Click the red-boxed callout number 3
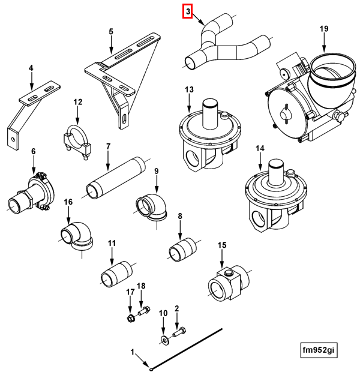click(187, 11)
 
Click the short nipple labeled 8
click(182, 248)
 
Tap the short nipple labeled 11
click(113, 274)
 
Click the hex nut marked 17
click(130, 316)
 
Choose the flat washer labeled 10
click(164, 340)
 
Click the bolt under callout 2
click(179, 331)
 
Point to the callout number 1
click(133, 350)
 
